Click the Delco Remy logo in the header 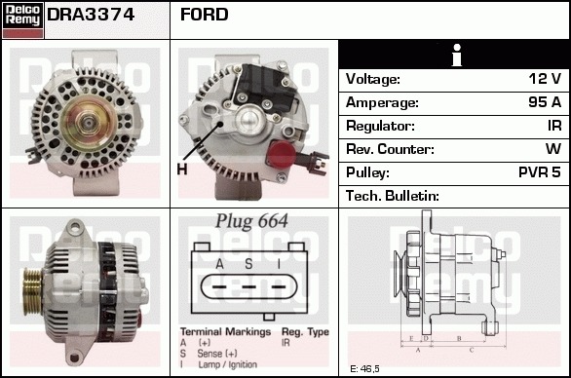(x=22, y=20)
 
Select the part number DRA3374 (x=91, y=15)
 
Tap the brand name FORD (x=205, y=15)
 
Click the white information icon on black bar (x=457, y=55)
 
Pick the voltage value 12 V (x=545, y=78)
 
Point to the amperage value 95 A (x=545, y=102)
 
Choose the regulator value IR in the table (x=554, y=126)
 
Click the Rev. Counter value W (x=553, y=149)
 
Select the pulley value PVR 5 (x=540, y=172)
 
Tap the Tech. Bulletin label (x=393, y=196)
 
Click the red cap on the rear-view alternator (x=281, y=154)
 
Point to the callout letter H (x=182, y=170)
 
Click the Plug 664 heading (x=251, y=221)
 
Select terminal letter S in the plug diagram (x=248, y=264)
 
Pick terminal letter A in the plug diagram (x=219, y=264)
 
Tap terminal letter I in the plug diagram (x=279, y=264)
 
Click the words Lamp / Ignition (x=228, y=364)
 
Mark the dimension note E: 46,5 (x=364, y=369)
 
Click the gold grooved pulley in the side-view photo (x=33, y=291)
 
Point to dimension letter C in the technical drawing (x=472, y=351)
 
